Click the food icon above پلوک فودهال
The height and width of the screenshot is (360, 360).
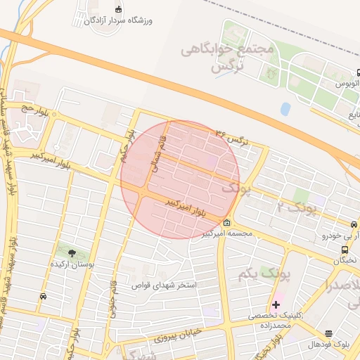(328, 333)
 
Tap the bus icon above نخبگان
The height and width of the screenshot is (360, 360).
(345, 249)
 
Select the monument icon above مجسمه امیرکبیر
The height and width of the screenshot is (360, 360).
(226, 223)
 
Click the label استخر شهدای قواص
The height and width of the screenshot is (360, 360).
(164, 286)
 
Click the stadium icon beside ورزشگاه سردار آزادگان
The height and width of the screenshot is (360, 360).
(118, 9)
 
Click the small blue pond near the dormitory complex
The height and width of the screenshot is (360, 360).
(285, 109)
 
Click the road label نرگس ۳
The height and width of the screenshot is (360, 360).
(233, 138)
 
